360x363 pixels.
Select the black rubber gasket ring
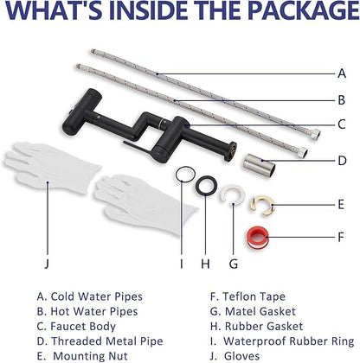click(206, 186)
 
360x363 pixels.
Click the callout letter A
click(342, 73)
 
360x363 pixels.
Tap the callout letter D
click(342, 161)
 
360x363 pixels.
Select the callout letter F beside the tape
click(341, 238)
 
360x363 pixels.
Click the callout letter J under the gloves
click(47, 264)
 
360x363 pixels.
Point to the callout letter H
click(205, 264)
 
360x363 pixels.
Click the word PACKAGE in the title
click(304, 10)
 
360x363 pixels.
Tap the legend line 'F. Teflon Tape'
click(247, 296)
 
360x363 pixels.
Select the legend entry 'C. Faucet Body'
click(76, 327)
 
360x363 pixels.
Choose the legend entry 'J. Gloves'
click(235, 356)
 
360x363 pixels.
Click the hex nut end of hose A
click(316, 133)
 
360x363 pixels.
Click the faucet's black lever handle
click(138, 146)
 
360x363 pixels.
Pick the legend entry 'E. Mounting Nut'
click(82, 356)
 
